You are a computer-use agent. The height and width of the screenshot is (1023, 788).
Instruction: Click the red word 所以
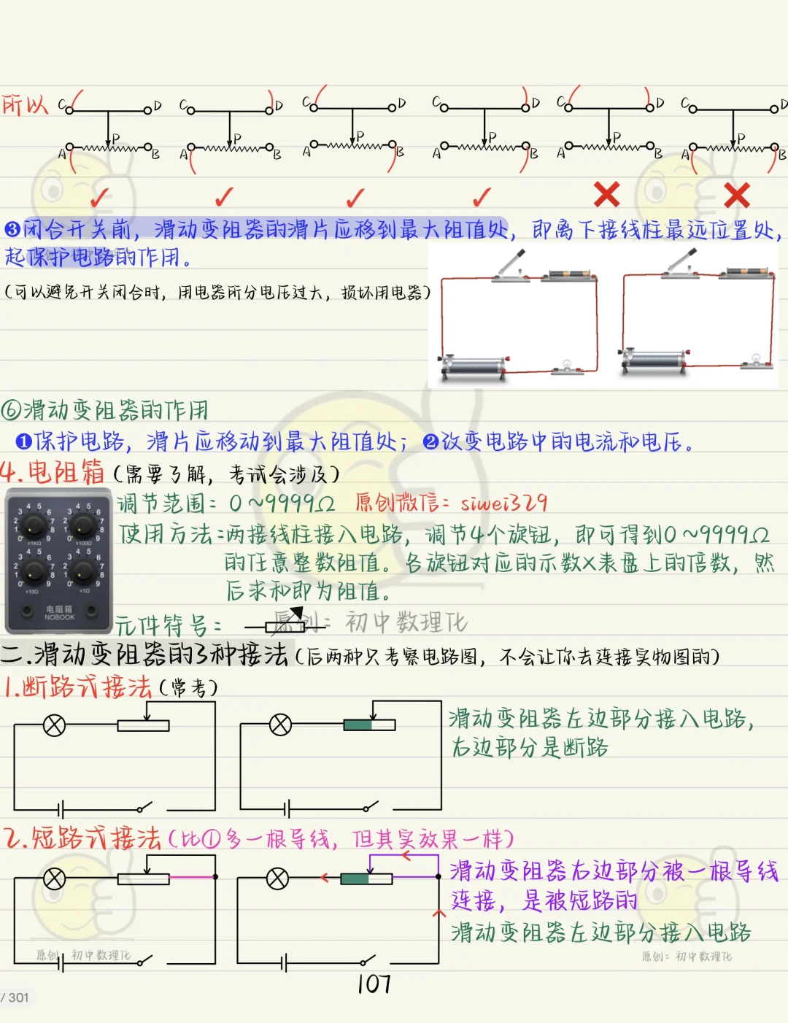(x=25, y=104)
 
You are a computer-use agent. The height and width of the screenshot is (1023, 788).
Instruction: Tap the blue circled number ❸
(x=12, y=229)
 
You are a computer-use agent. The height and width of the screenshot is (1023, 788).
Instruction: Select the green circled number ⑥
(x=10, y=410)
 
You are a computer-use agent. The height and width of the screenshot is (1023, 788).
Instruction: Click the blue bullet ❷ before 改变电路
(x=430, y=441)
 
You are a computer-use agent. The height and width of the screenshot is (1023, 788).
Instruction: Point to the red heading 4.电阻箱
(x=52, y=472)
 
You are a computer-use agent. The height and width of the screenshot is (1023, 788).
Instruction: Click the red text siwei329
(x=503, y=503)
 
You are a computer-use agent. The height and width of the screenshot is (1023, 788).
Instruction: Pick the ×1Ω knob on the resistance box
(x=83, y=571)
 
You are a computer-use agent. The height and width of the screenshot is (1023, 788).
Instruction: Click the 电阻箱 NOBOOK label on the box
(x=59, y=613)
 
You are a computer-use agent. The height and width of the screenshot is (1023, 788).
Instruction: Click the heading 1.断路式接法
(x=77, y=687)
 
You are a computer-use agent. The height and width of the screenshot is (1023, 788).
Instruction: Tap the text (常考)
(x=188, y=688)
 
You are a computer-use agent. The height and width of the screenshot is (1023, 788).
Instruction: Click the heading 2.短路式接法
(x=82, y=838)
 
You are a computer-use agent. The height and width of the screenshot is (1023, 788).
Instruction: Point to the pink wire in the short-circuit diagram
(x=192, y=877)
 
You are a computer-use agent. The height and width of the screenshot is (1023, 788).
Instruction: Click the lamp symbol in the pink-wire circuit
(x=54, y=879)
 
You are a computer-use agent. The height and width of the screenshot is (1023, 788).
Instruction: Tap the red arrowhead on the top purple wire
(x=406, y=856)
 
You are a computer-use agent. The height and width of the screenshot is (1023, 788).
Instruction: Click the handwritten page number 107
(x=374, y=984)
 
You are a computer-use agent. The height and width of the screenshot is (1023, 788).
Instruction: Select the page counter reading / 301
(x=15, y=997)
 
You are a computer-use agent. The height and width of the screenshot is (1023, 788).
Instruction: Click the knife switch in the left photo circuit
(x=511, y=267)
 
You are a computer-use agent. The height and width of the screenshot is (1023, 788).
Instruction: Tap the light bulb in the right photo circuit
(x=756, y=359)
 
